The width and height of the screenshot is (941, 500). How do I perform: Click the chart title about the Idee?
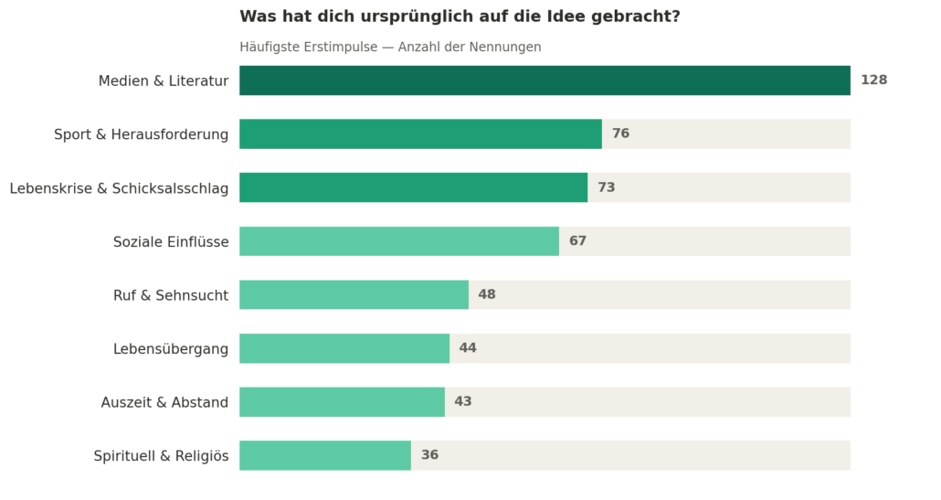click(460, 16)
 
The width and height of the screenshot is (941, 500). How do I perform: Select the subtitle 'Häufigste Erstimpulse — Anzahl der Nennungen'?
click(390, 47)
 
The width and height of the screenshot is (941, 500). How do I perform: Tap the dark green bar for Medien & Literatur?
click(545, 80)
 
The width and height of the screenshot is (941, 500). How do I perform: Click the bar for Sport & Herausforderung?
click(420, 134)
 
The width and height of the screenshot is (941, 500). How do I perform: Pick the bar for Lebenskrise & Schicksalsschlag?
click(413, 187)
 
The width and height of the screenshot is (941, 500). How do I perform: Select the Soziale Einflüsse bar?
click(399, 241)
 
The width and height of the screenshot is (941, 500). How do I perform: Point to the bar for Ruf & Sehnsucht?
click(354, 294)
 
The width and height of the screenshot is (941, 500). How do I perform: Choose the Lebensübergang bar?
click(344, 348)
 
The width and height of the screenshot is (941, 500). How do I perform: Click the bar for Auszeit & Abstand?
click(342, 402)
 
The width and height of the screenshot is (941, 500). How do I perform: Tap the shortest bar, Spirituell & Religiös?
click(325, 455)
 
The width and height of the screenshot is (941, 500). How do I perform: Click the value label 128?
click(873, 80)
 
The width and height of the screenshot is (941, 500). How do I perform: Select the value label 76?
click(620, 134)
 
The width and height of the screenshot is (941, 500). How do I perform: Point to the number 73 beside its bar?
click(606, 187)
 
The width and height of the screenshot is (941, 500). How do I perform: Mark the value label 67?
click(577, 241)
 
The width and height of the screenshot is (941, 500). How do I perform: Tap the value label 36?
click(429, 455)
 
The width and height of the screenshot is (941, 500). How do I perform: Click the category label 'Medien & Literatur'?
click(164, 81)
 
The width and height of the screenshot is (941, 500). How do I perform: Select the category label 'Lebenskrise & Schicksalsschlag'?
click(119, 188)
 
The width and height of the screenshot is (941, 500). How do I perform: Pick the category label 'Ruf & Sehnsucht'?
click(171, 295)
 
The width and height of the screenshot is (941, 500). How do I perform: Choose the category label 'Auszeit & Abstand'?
click(164, 402)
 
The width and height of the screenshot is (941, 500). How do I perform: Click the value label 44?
click(468, 348)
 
